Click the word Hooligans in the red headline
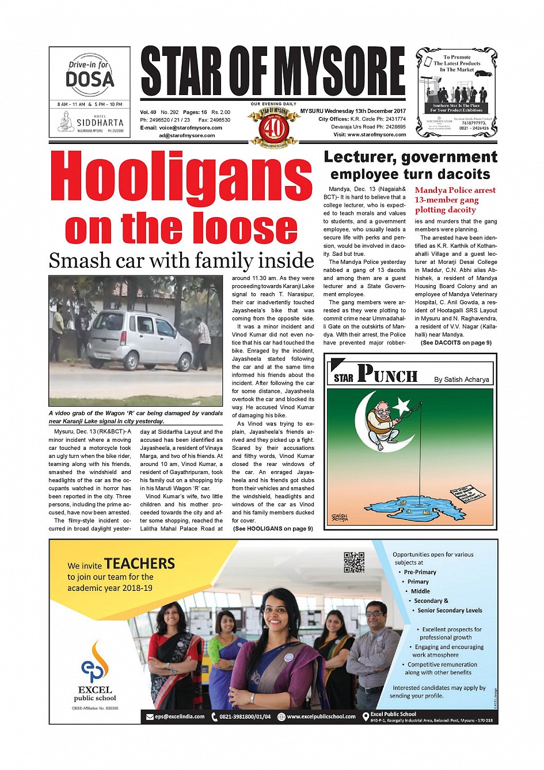tap(181, 178)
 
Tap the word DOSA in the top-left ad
tap(89, 79)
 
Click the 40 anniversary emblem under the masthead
tap(274, 127)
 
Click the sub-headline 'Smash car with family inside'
tap(181, 260)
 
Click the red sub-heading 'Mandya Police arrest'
tap(455, 190)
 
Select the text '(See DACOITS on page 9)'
tap(456, 343)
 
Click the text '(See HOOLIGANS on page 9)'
tap(273, 528)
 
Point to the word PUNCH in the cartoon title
tap(387, 375)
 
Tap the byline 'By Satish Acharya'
tap(461, 380)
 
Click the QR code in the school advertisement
tap(354, 562)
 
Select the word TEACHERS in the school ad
tap(139, 563)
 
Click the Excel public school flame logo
tap(95, 662)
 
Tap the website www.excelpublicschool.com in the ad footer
tap(321, 716)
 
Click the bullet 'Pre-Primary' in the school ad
tap(420, 572)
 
